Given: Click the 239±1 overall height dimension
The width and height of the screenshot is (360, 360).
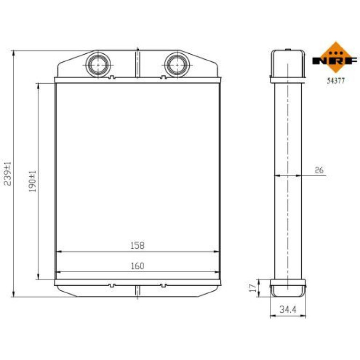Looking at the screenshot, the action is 7,173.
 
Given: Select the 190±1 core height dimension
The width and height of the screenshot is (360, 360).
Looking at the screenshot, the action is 32,181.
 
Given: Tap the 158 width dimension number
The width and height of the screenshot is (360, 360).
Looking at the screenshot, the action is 137,245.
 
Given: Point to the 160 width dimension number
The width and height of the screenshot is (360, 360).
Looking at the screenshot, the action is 137,266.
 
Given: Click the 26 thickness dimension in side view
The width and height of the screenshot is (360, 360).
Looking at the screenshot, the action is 319,170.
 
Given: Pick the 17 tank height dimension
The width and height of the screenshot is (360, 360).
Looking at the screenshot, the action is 253,288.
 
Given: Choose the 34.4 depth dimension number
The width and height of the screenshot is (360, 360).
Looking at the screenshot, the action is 288,310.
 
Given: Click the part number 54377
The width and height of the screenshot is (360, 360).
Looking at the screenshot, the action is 336,80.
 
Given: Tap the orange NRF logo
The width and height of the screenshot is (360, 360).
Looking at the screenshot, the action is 335,58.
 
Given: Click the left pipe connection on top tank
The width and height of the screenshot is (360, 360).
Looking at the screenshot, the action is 98,65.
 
